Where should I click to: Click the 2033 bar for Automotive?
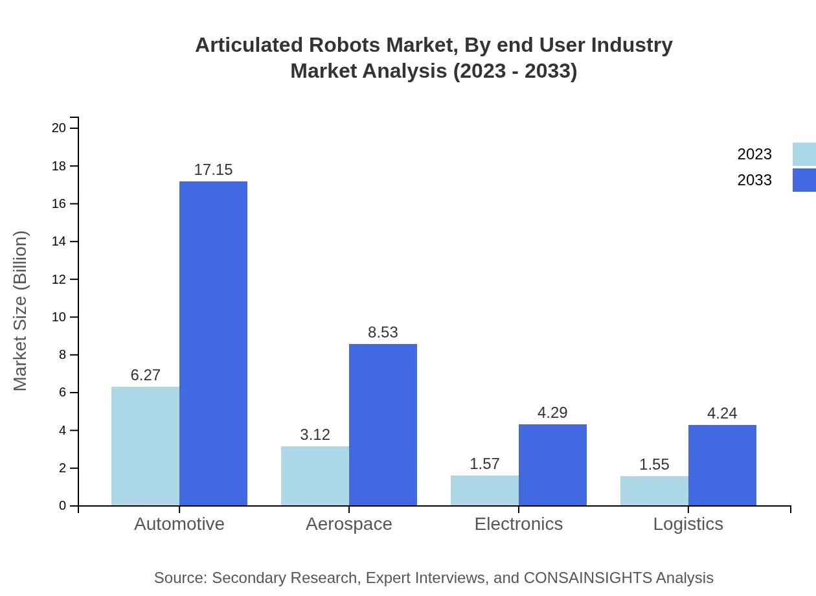[x=213, y=343]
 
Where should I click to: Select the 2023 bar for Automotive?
[x=145, y=446]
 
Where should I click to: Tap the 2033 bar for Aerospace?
[x=383, y=424]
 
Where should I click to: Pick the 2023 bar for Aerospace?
[x=315, y=476]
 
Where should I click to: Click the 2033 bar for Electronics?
[x=552, y=464]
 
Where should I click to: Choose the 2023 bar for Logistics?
[x=654, y=490]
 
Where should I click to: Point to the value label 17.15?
[x=213, y=170]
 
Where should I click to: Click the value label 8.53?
[x=383, y=332]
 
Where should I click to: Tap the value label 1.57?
[x=484, y=464]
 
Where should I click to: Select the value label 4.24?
[x=722, y=413]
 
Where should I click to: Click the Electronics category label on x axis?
[x=518, y=524]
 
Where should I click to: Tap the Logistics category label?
[x=688, y=524]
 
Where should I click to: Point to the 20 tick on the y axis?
[x=59, y=128]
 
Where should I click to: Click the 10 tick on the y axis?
[x=59, y=317]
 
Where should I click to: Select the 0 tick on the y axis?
[x=62, y=506]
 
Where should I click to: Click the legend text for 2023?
[x=754, y=154]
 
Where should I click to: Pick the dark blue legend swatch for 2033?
[x=804, y=180]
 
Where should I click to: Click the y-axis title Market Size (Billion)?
[x=21, y=311]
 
